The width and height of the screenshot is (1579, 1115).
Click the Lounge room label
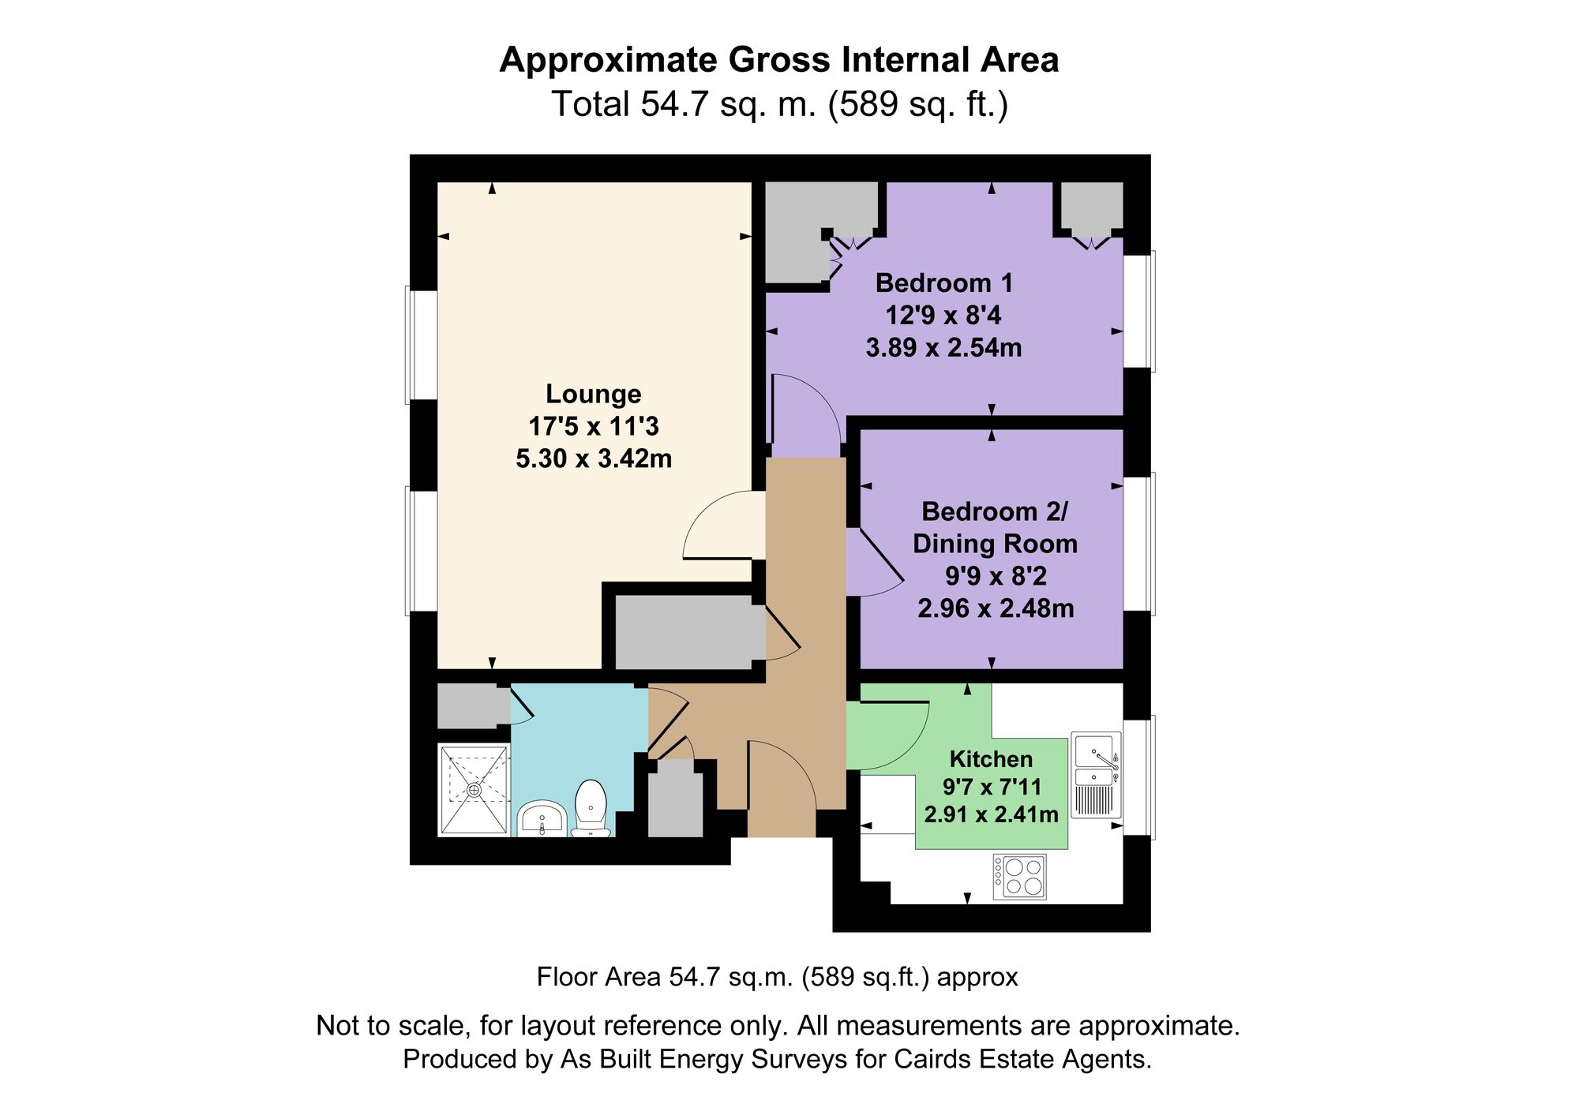coord(593,394)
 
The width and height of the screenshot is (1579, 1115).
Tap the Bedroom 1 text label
coord(943,282)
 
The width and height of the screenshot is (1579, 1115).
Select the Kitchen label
coord(991,759)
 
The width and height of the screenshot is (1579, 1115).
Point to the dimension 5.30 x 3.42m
coord(593,458)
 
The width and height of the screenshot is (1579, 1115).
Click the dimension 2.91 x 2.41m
coord(991,814)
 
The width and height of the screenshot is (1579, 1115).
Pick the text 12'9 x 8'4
coord(943,316)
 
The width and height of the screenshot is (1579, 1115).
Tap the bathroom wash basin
coord(542,818)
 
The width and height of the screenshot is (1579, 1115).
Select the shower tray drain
coord(474,789)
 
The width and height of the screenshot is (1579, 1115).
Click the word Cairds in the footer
coord(932,1059)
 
